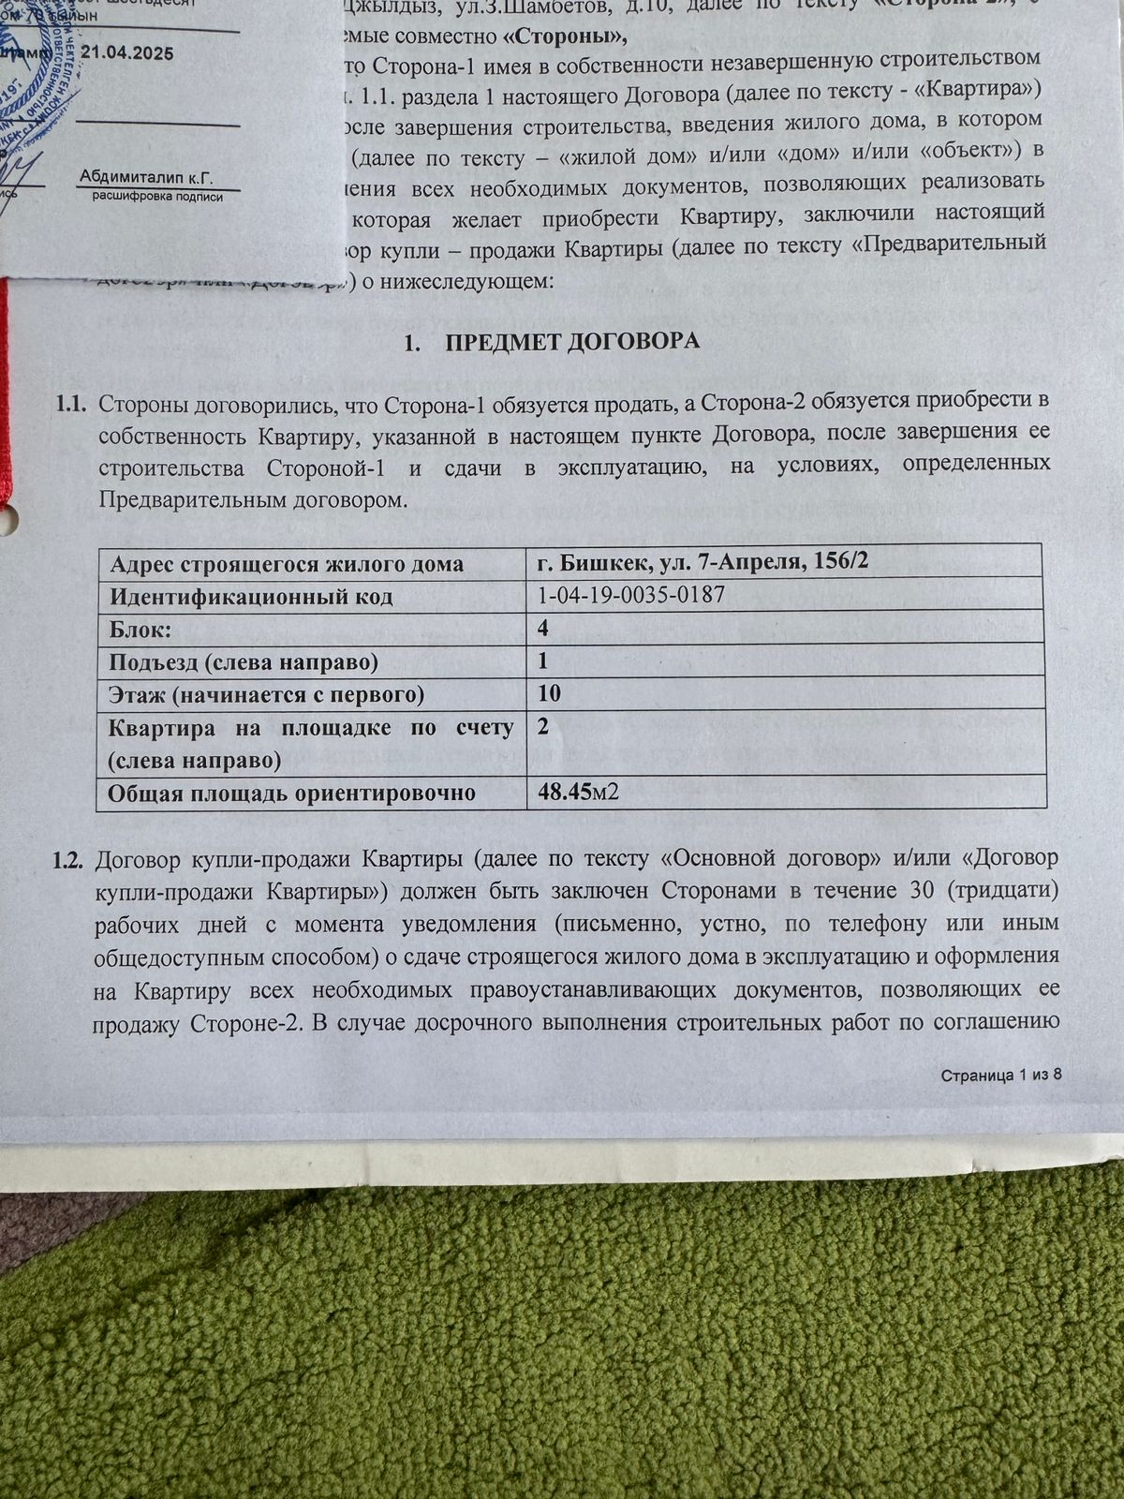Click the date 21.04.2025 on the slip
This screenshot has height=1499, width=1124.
(126, 53)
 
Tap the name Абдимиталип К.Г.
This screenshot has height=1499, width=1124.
(146, 177)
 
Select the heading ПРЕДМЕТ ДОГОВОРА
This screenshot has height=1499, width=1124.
(572, 341)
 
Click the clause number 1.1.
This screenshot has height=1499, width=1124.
(70, 404)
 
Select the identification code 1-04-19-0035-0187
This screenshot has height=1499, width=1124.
(631, 596)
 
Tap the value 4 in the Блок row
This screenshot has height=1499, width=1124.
(543, 629)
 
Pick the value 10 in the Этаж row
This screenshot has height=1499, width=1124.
(549, 693)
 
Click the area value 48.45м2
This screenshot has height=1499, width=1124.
(578, 793)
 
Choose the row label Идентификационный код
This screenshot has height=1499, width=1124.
(251, 597)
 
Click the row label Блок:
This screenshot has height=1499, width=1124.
(140, 630)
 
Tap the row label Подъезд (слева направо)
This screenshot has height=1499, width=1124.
(244, 662)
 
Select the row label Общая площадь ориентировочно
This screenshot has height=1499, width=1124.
(291, 794)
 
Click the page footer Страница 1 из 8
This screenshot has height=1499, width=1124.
(1000, 1075)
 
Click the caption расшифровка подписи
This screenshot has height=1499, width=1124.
(157, 197)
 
